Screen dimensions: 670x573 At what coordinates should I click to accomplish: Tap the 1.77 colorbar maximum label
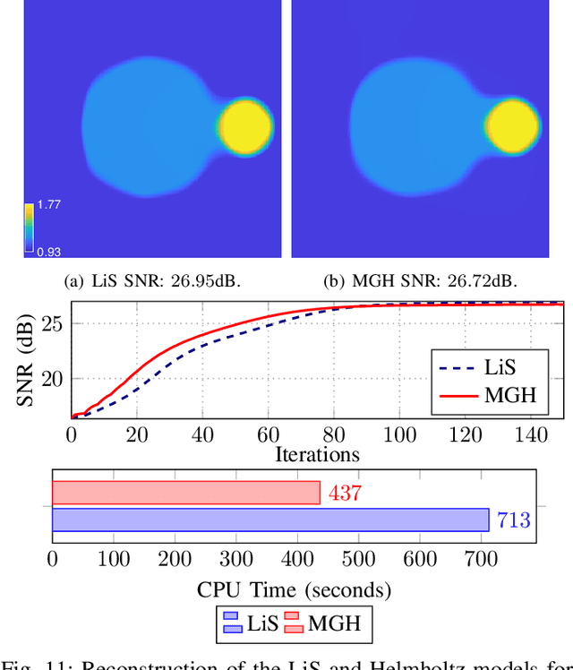(x=48, y=205)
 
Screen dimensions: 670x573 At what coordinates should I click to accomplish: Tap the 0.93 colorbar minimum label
(x=48, y=252)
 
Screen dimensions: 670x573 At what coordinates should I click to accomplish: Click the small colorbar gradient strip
(x=30, y=228)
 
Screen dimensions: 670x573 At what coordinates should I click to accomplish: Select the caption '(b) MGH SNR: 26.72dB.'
(x=419, y=281)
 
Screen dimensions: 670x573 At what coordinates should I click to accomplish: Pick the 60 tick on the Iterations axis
(x=268, y=435)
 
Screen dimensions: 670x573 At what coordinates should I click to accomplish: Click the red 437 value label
(x=344, y=493)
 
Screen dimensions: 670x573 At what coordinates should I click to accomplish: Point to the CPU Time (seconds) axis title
(x=295, y=590)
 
